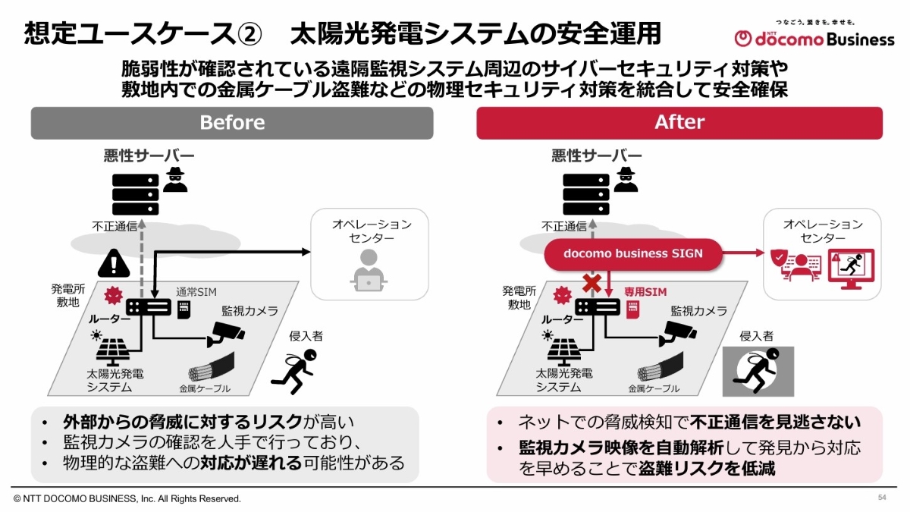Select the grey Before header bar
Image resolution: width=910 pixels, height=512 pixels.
tap(232, 123)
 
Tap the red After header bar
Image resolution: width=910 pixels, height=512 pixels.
tap(679, 123)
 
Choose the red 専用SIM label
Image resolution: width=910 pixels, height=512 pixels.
tap(645, 292)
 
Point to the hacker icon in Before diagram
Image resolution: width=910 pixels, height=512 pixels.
tap(175, 178)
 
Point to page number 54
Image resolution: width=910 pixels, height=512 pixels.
tap(882, 497)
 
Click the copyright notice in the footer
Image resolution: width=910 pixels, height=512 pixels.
tap(127, 498)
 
